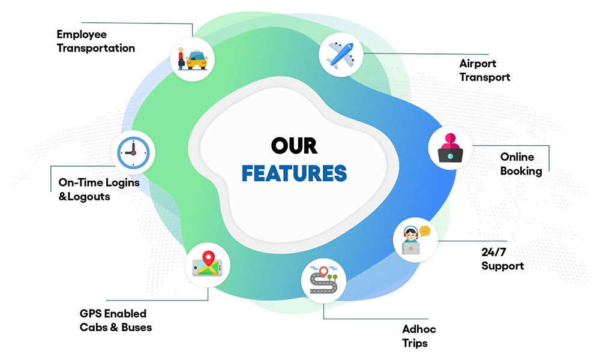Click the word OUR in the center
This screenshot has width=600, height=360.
(x=294, y=146)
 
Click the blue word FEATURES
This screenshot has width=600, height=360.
(x=294, y=173)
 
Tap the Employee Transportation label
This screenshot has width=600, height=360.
(x=95, y=41)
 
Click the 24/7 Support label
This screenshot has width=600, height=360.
(x=502, y=259)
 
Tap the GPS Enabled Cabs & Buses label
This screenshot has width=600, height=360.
(x=115, y=320)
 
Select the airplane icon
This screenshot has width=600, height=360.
(x=340, y=55)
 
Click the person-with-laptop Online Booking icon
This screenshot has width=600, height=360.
(x=450, y=148)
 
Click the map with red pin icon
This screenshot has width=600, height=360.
(x=208, y=265)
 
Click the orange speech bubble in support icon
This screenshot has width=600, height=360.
(x=425, y=230)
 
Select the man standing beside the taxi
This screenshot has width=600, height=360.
(x=181, y=59)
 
